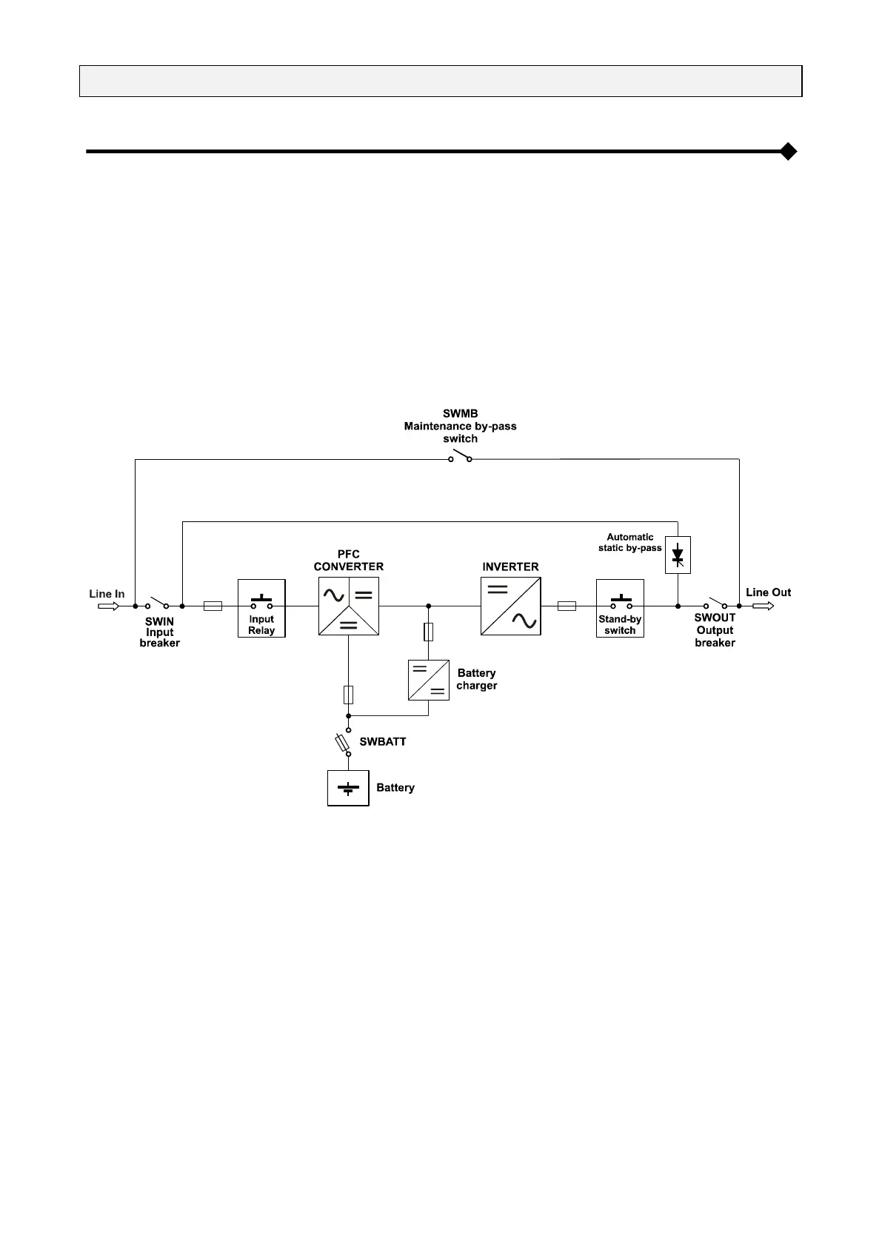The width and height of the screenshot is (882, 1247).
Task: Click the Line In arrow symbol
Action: pos(108,606)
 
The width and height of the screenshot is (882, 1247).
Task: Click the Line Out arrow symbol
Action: pos(764,606)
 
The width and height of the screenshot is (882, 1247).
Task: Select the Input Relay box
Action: pos(261,608)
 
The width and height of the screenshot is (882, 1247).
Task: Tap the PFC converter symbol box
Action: pos(348,606)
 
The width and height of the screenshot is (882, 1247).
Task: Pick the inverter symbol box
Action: pos(510,606)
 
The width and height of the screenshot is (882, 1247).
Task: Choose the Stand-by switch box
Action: pos(620,608)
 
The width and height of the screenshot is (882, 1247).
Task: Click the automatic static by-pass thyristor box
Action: pos(678,555)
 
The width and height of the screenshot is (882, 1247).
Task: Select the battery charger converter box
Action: pos(429,679)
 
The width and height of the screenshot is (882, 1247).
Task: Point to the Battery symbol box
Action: pos(348,788)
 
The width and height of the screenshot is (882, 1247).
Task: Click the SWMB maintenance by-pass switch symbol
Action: pos(460,456)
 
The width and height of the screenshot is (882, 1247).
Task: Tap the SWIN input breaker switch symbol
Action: pos(156,603)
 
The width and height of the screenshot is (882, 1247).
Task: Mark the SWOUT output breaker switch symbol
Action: pos(715,603)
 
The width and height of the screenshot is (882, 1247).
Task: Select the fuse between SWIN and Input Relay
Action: pos(213,606)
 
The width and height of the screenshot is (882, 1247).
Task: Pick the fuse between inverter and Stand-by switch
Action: pos(567,606)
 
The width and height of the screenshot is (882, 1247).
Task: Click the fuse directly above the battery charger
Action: pos(429,632)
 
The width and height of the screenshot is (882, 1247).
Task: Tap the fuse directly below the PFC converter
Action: pos(348,695)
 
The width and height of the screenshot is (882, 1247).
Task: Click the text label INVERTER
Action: pos(510,566)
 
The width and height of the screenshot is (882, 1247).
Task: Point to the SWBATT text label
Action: pos(383,741)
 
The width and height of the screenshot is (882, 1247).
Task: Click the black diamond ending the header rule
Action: pos(789,151)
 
